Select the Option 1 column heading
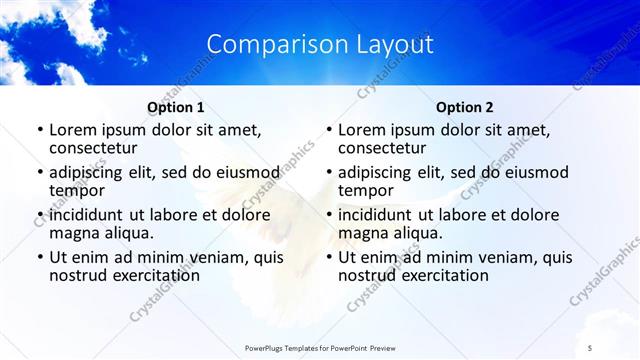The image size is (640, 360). [176, 107]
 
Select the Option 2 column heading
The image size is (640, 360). [465, 107]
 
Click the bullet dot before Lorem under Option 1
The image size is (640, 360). [39, 131]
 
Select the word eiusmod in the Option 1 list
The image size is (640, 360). [244, 172]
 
